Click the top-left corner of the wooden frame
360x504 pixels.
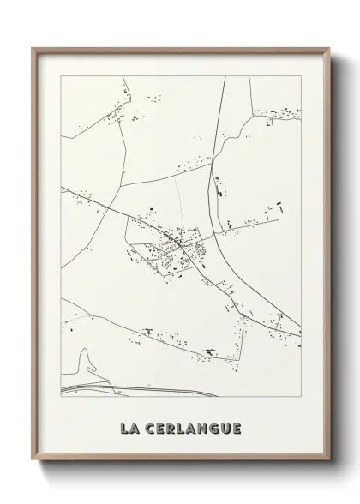pyautogui.click(x=33, y=48)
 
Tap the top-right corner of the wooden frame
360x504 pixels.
pyautogui.click(x=328, y=48)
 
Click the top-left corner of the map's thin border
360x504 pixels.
pyautogui.click(x=61, y=76)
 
